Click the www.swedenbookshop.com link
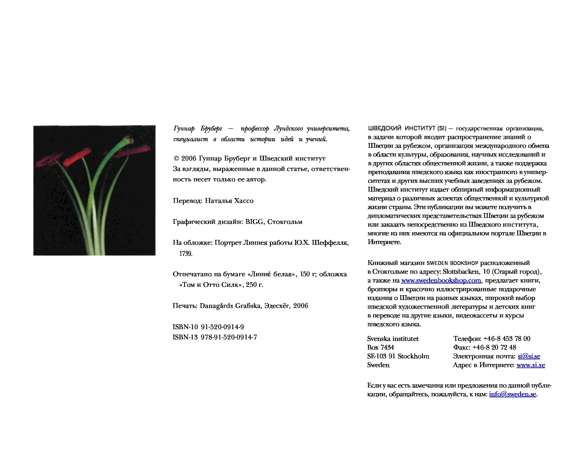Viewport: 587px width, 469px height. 441,280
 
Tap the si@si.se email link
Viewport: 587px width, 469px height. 529,356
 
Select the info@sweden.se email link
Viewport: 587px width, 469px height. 512,394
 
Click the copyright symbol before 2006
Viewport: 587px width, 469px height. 176,158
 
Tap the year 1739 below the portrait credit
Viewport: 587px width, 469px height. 186,254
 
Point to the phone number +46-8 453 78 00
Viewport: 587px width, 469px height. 507,339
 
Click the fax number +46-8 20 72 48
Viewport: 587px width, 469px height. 494,347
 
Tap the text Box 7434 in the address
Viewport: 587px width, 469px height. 380,347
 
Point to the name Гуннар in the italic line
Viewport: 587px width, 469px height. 184,129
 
